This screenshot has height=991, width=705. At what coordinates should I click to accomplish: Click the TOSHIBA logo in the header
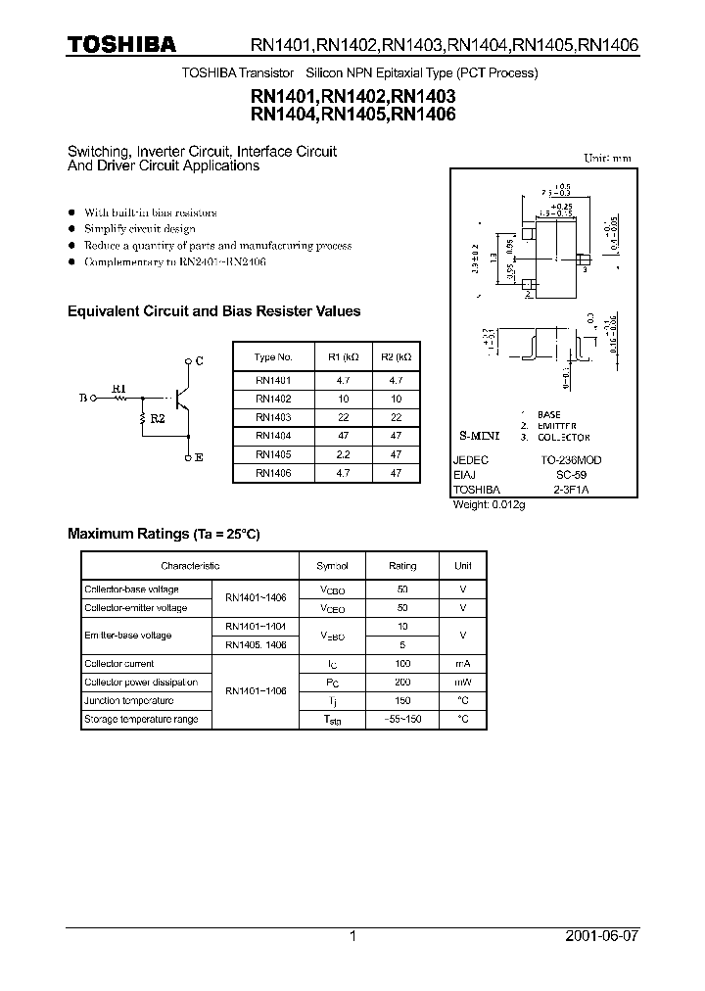(x=121, y=44)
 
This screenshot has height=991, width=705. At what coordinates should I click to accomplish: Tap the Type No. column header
(x=273, y=357)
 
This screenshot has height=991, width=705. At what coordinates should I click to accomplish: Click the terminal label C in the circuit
(x=199, y=361)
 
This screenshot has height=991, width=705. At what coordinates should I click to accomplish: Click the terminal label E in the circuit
(x=199, y=457)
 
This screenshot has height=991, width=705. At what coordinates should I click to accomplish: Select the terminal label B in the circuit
(x=82, y=399)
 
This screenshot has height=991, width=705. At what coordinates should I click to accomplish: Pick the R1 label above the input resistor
(x=118, y=389)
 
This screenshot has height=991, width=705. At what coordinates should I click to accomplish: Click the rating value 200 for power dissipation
(x=402, y=683)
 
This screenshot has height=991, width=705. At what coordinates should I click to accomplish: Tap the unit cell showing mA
(x=462, y=664)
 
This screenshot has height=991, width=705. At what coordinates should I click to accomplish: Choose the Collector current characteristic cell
(x=114, y=664)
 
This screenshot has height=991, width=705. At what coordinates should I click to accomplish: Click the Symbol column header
(x=332, y=566)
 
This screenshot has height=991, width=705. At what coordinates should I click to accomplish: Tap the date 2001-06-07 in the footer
(x=602, y=936)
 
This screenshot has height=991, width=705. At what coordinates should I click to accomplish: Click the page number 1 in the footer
(x=352, y=936)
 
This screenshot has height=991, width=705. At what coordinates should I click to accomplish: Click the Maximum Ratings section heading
(x=164, y=534)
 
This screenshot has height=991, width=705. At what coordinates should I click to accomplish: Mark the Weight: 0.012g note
(x=490, y=504)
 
